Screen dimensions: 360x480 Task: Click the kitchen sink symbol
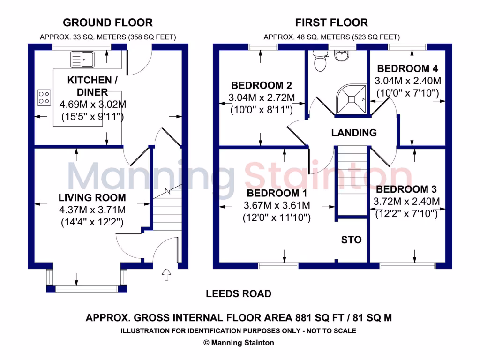(82, 59)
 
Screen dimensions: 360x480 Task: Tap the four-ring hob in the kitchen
(44, 97)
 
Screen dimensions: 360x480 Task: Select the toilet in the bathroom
(320, 61)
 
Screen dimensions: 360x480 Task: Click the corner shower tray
(351, 99)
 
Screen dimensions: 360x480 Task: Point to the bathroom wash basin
(342, 56)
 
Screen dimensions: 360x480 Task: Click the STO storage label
(351, 240)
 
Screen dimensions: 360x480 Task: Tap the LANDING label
(354, 133)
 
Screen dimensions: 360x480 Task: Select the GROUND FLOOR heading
(107, 22)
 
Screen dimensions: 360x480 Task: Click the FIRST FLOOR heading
(331, 22)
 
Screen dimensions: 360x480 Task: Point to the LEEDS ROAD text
(239, 294)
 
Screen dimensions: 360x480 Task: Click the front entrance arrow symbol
(165, 274)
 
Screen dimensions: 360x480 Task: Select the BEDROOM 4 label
(404, 68)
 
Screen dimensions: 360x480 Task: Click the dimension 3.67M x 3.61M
(277, 205)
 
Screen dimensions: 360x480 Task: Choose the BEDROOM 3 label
(406, 189)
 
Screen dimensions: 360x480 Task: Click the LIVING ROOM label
(92, 197)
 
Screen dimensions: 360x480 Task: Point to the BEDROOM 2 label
(262, 85)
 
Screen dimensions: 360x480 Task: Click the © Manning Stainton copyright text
(239, 343)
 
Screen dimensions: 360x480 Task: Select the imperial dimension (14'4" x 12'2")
(92, 222)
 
